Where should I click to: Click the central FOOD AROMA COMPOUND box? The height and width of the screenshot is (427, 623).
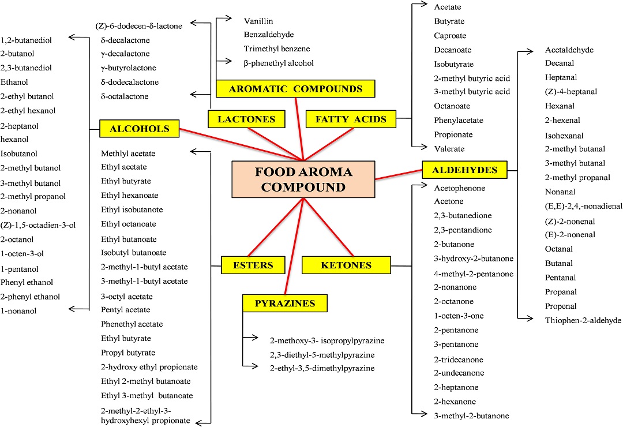(303, 179)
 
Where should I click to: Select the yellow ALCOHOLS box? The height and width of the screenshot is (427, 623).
(140, 129)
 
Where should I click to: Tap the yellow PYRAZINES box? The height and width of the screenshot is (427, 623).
(285, 303)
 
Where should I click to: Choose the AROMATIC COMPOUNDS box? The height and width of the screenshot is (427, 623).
(295, 89)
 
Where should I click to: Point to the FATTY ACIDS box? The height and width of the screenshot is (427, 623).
(351, 119)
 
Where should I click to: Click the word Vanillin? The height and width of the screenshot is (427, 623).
(258, 21)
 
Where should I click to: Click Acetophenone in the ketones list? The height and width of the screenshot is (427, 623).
(460, 188)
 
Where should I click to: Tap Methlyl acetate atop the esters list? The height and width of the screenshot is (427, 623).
(128, 153)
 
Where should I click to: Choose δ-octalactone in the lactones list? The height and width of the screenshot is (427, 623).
(125, 96)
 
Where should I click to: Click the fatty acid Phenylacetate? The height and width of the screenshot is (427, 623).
(459, 120)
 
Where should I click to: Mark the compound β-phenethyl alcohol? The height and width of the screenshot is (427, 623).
(279, 63)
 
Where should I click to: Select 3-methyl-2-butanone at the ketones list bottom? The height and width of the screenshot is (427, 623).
(471, 415)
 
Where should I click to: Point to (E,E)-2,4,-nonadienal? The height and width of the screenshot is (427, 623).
(583, 207)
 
